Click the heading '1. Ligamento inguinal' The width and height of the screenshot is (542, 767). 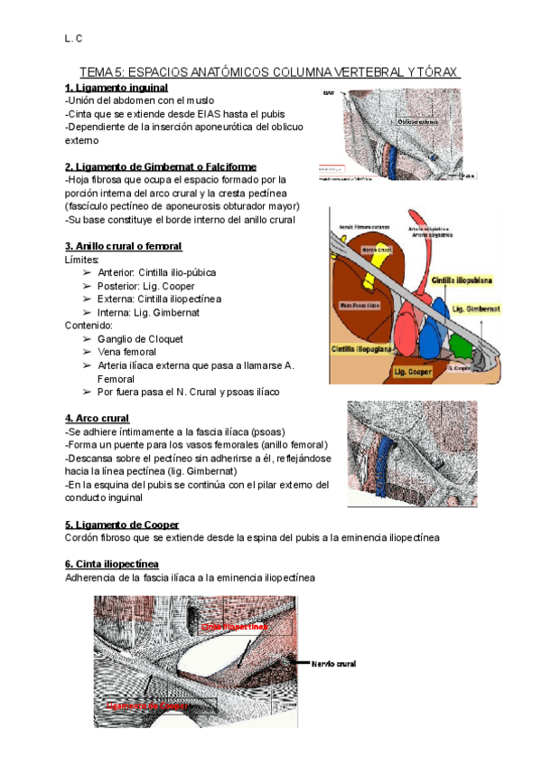[117, 87]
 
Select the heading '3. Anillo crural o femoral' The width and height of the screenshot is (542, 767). [124, 246]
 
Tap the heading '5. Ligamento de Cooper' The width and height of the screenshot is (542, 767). [122, 525]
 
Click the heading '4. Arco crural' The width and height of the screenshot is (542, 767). [98, 418]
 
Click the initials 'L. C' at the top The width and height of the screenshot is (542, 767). [73, 39]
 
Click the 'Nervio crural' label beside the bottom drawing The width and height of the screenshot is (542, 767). [333, 664]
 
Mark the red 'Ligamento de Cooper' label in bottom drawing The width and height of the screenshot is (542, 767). [147, 705]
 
